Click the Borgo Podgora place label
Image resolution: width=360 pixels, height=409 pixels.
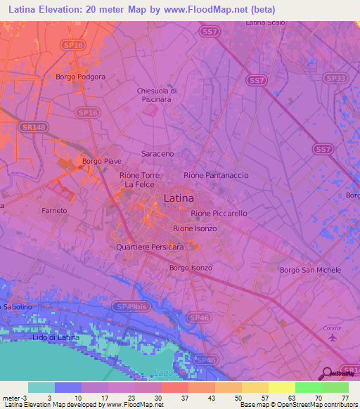(81, 77)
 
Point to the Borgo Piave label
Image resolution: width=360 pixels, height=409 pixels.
(101, 161)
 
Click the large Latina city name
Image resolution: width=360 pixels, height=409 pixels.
(179, 198)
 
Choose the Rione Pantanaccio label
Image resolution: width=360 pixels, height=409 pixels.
(216, 175)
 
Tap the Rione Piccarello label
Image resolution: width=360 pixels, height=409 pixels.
(219, 213)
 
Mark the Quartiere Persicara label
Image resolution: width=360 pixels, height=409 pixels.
(150, 247)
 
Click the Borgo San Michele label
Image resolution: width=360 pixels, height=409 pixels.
(310, 270)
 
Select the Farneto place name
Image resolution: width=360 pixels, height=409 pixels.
(54, 210)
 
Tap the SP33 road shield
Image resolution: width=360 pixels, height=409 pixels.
(336, 78)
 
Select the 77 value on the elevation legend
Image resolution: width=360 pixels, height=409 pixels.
(344, 397)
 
